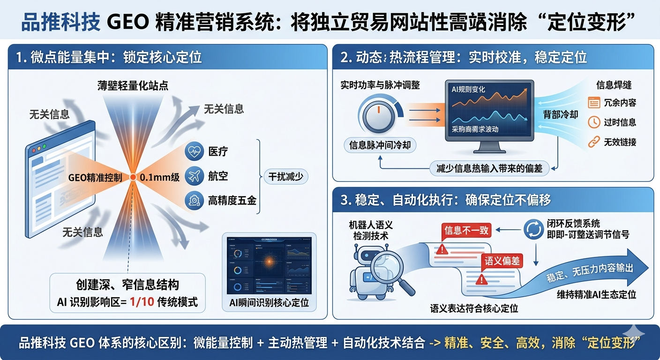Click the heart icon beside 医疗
click(194, 151)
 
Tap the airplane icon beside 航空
click(194, 176)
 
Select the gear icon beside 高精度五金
click(194, 201)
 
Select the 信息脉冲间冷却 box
click(380, 145)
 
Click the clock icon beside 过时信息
click(594, 122)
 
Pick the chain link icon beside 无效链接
click(594, 141)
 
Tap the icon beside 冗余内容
click(594, 103)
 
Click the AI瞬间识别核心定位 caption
click(269, 303)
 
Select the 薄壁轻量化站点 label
click(133, 85)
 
